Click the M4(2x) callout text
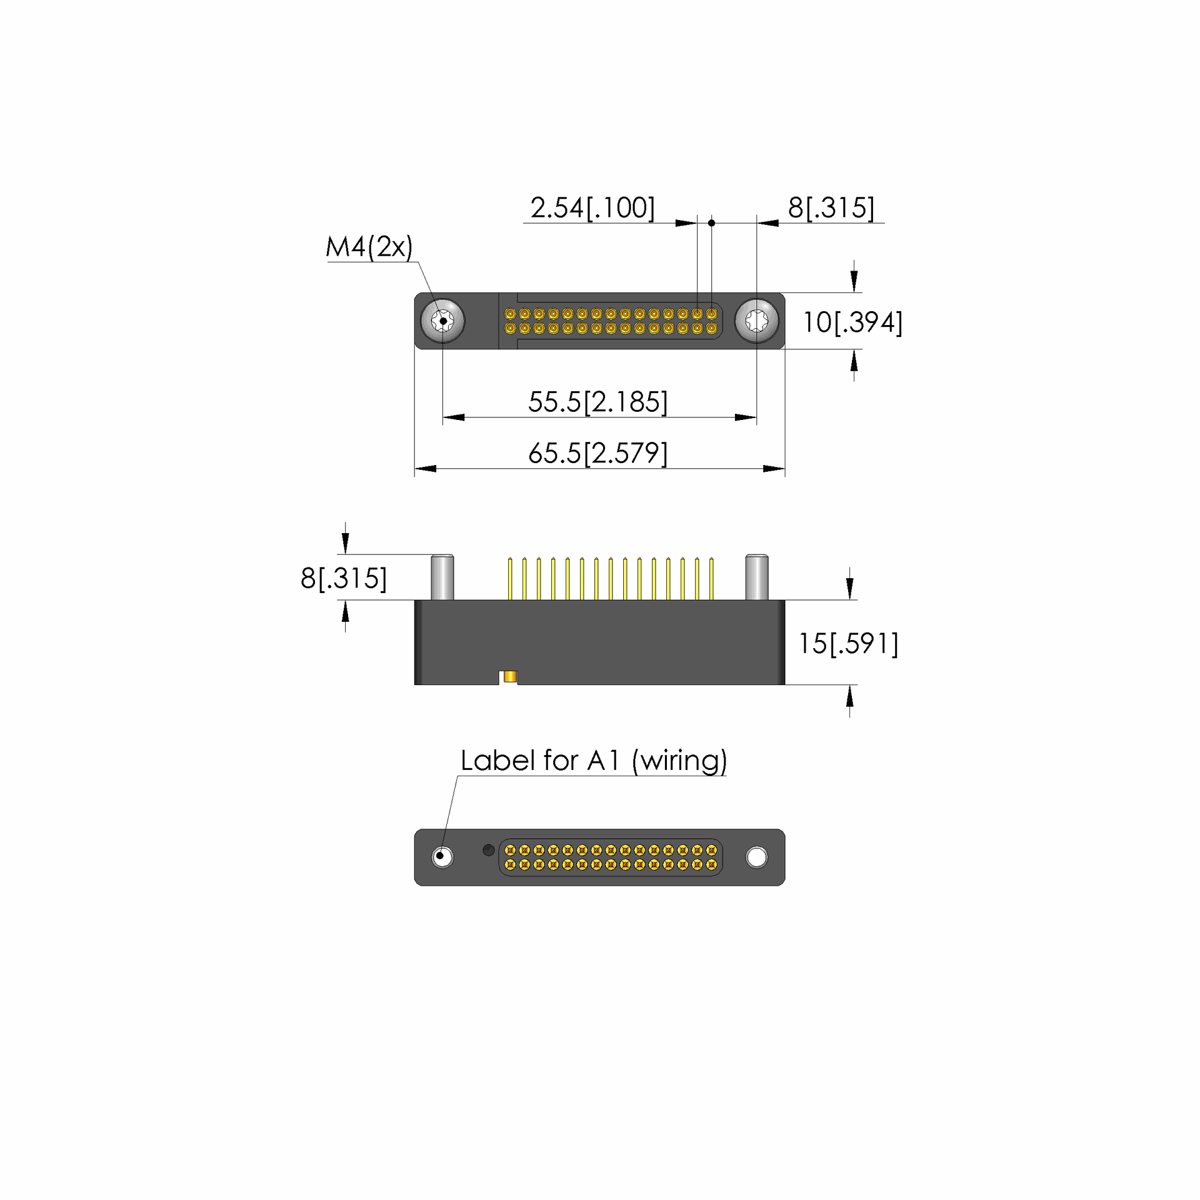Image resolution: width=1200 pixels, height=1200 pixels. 369,247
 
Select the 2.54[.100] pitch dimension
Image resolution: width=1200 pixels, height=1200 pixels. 592,208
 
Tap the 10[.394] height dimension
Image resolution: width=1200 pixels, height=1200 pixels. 852,322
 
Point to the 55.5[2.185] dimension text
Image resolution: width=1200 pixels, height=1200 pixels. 598,402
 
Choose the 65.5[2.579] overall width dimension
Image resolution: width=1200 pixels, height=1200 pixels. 598,453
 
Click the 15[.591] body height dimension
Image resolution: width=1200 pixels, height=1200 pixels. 848,644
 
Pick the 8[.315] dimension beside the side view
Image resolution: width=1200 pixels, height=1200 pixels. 344,578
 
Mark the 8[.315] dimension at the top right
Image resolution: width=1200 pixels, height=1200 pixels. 831,208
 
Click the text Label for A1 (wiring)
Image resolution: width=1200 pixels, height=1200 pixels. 594,761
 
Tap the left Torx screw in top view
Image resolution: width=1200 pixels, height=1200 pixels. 442,321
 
